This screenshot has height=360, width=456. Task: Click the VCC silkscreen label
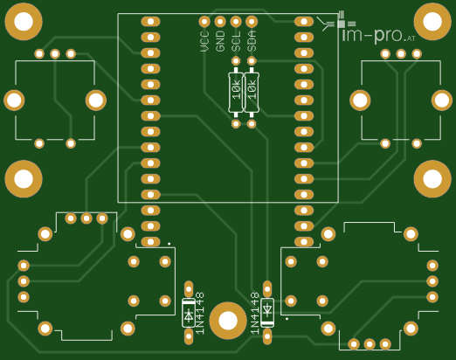204,41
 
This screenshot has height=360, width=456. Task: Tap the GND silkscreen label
220,41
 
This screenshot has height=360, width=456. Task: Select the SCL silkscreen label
236,41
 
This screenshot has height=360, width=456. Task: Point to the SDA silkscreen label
252,41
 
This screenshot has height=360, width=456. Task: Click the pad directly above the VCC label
204,21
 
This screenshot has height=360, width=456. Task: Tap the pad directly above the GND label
220,21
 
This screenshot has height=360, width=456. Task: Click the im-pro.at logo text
378,35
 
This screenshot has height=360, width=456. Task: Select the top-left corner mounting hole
24,22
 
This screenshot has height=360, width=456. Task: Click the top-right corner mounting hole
432,22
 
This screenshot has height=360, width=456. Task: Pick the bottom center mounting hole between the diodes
228,321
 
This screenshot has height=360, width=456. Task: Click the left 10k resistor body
236,93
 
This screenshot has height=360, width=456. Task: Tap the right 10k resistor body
252,93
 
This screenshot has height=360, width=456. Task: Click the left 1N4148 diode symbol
189,313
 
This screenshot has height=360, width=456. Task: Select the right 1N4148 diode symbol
267,313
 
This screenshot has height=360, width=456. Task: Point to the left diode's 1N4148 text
200,314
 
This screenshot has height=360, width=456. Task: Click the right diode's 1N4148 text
255,314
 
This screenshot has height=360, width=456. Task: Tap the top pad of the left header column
150,21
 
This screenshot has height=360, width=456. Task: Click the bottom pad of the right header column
304,242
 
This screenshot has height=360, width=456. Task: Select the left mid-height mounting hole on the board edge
24,179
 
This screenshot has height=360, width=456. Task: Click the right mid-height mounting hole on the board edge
432,179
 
